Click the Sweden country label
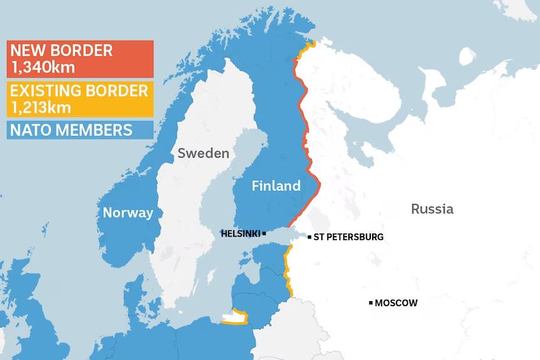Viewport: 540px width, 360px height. (x=203, y=153)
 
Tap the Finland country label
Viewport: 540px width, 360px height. (x=276, y=186)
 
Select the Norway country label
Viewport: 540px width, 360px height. (x=128, y=213)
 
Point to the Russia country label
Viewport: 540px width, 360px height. (x=432, y=209)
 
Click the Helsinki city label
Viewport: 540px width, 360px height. (x=240, y=234)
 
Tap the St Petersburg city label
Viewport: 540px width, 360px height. (x=348, y=237)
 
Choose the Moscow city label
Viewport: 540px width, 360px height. (x=396, y=303)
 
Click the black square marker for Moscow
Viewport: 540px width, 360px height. (x=371, y=303)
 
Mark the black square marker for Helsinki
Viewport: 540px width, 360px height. (x=264, y=234)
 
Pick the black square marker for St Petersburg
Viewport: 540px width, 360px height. (x=309, y=237)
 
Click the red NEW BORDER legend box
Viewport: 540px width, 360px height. (x=80, y=59)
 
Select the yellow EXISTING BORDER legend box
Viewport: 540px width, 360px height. (x=80, y=98)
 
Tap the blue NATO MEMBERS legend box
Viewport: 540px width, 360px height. (x=80, y=130)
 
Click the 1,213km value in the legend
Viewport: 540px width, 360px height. (x=40, y=107)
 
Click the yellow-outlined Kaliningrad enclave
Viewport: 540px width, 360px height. (x=235, y=317)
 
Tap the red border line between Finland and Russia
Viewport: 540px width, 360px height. (x=306, y=138)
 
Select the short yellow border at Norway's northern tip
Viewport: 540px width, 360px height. (x=305, y=48)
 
